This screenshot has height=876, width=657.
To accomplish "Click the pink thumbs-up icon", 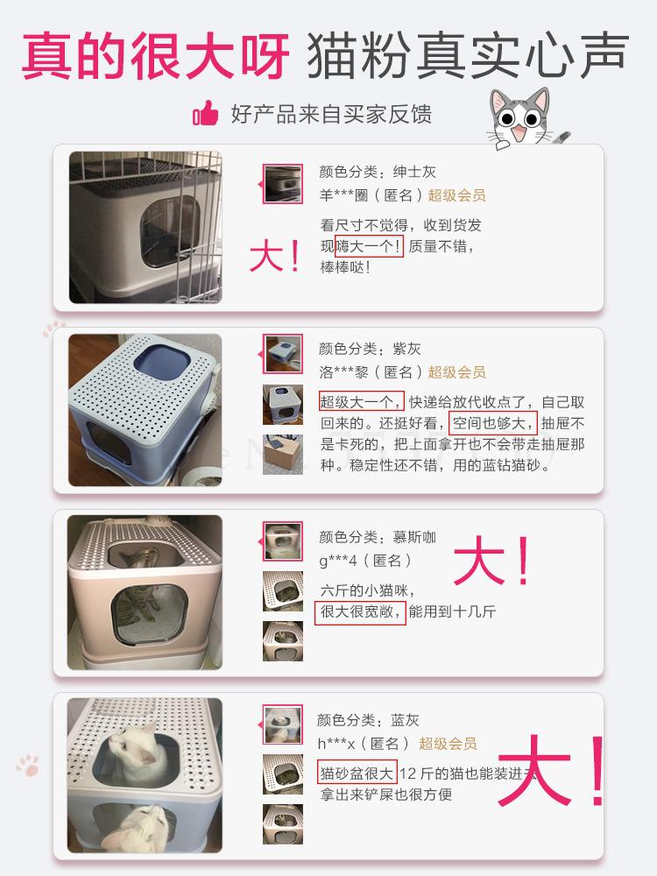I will [x=205, y=114].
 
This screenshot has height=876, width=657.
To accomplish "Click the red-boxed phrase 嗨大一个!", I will [x=369, y=246].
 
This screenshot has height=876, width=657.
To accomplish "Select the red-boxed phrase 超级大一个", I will [x=361, y=402].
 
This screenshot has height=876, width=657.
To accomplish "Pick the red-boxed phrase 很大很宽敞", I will [x=360, y=611].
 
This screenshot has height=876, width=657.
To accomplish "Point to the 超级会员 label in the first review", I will [x=456, y=195].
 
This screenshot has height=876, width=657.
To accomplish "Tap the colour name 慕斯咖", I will [x=415, y=536].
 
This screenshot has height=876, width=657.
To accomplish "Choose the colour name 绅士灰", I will [x=415, y=172].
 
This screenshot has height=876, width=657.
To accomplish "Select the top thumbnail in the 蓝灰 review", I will [x=283, y=725].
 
